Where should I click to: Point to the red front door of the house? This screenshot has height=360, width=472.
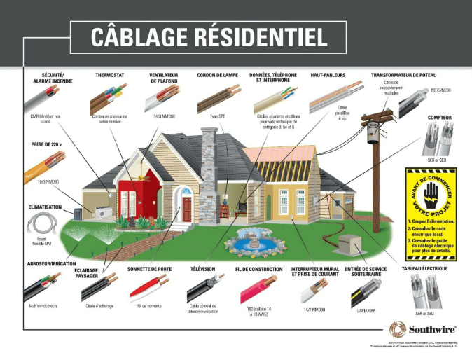[x=186, y=208]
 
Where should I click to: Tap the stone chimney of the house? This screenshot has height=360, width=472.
[x=209, y=175]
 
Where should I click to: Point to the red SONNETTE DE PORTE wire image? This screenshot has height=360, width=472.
[x=148, y=288]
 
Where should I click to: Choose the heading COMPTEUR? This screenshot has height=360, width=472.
[x=439, y=118]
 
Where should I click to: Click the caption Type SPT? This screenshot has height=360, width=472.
[x=218, y=116]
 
